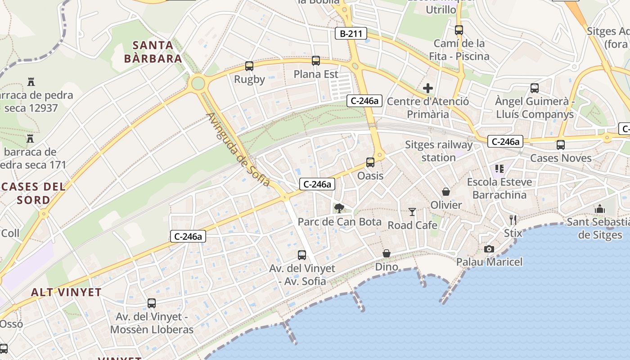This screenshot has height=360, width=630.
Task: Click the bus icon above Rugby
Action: [x=249, y=66]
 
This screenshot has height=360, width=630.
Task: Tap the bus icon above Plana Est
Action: [x=316, y=61]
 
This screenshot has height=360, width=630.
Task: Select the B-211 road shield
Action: [x=351, y=33]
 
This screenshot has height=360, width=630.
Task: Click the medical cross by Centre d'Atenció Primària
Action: [x=428, y=88]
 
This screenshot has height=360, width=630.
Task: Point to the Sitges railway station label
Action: [x=439, y=151]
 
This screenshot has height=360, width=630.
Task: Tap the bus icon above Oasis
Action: [x=370, y=162]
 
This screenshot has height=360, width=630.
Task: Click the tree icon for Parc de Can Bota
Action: [x=339, y=208]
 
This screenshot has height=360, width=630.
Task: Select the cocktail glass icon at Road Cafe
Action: [x=412, y=212]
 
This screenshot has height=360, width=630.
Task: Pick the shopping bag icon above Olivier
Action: [x=446, y=192]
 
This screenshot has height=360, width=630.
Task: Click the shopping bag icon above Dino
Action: [x=387, y=254]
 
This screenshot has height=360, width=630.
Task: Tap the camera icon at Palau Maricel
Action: [x=489, y=249]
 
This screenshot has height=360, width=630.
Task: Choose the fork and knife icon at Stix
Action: [x=513, y=220]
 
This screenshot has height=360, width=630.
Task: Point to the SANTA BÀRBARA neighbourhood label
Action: [x=153, y=52]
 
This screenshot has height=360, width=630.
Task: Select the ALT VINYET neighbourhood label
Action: [x=66, y=292]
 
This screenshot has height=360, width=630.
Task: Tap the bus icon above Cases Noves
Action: [x=560, y=145]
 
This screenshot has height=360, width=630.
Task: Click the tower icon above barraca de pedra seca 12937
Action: [x=31, y=82]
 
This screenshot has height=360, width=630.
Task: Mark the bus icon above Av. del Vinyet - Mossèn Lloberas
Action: [x=152, y=303]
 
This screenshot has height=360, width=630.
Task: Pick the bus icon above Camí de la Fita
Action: [x=459, y=30]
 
